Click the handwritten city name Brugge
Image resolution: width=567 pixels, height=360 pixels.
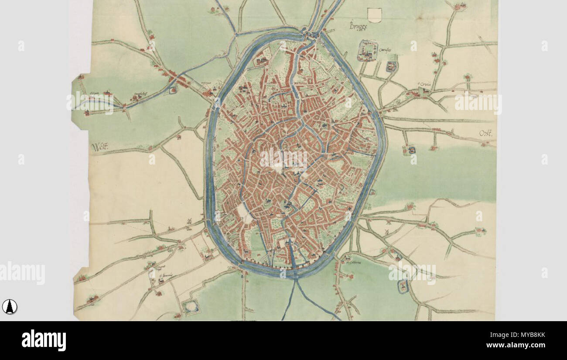pos(359,26)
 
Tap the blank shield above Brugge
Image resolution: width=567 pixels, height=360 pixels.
pos(375,15)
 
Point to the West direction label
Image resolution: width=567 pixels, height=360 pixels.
pos(99,147)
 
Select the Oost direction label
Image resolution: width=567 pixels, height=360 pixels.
pos(485,134)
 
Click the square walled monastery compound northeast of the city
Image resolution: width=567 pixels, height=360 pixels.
pos(368,51)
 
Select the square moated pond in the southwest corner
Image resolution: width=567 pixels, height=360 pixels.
pos(191,308)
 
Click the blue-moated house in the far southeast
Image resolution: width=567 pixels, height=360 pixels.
pos(403,286)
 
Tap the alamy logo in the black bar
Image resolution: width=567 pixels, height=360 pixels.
pos(44,340)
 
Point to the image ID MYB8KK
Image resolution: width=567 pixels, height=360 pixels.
pos(521,335)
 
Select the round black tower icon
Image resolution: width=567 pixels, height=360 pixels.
pos(10,307)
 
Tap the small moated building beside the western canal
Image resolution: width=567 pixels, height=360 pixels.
pos(174,90)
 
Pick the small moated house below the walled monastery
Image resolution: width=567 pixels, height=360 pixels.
pos(391,66)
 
